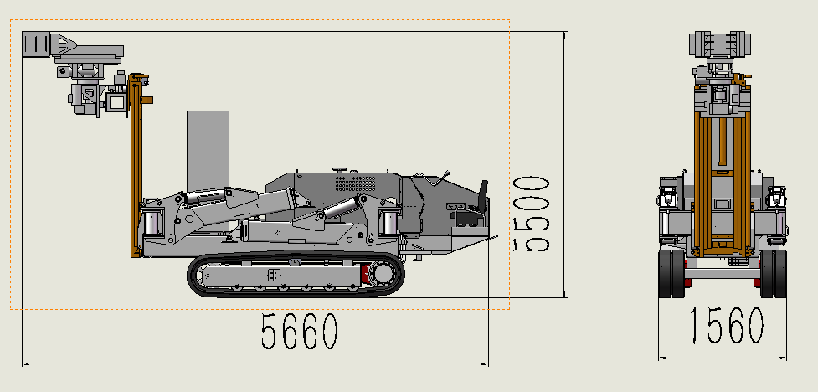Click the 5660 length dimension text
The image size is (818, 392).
click(x=299, y=331)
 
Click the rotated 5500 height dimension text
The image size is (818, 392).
click(x=532, y=214)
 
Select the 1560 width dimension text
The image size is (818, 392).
click(x=727, y=326)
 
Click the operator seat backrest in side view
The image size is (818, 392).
click(x=483, y=196)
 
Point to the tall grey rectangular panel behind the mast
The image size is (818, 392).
click(x=208, y=150)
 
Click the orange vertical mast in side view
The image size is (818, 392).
click(x=136, y=166)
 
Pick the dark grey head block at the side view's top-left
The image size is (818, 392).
click(x=36, y=44)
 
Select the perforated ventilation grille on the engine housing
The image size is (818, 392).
click(x=355, y=183)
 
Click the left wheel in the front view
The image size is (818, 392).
click(x=671, y=274)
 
